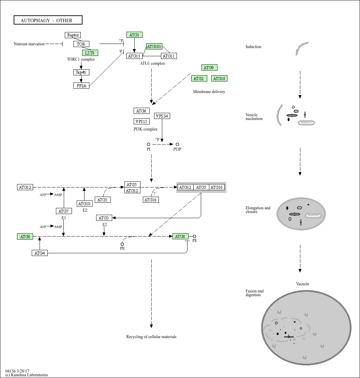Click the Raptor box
73,35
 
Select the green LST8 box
90,53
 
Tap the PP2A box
81,86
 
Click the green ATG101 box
154,47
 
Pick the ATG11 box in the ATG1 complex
169,56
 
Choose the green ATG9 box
209,67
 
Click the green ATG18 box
219,78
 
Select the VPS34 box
162,116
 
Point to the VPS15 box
141,121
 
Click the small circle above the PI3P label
178,145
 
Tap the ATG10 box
85,203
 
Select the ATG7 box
64,211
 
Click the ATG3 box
104,218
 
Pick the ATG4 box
40,253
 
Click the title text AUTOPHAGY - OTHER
46,20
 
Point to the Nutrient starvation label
29,44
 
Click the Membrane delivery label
209,92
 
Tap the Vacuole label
303,284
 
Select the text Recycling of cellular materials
151,336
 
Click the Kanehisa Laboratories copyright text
27,375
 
